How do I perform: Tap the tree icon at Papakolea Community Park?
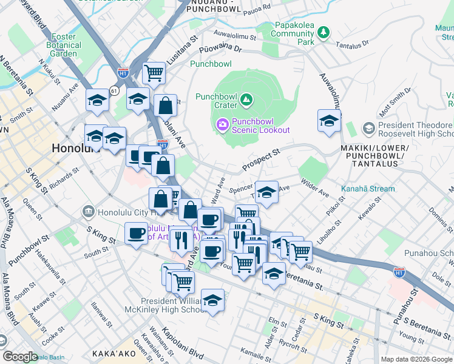[324, 32]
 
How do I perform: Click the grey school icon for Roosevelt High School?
[368, 129]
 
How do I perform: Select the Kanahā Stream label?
[367, 189]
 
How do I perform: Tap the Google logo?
[20, 356]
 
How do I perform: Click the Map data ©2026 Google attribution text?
[416, 359]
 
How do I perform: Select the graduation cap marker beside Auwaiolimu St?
[329, 121]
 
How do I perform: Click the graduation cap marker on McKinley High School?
[212, 300]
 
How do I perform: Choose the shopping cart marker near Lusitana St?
[154, 73]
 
